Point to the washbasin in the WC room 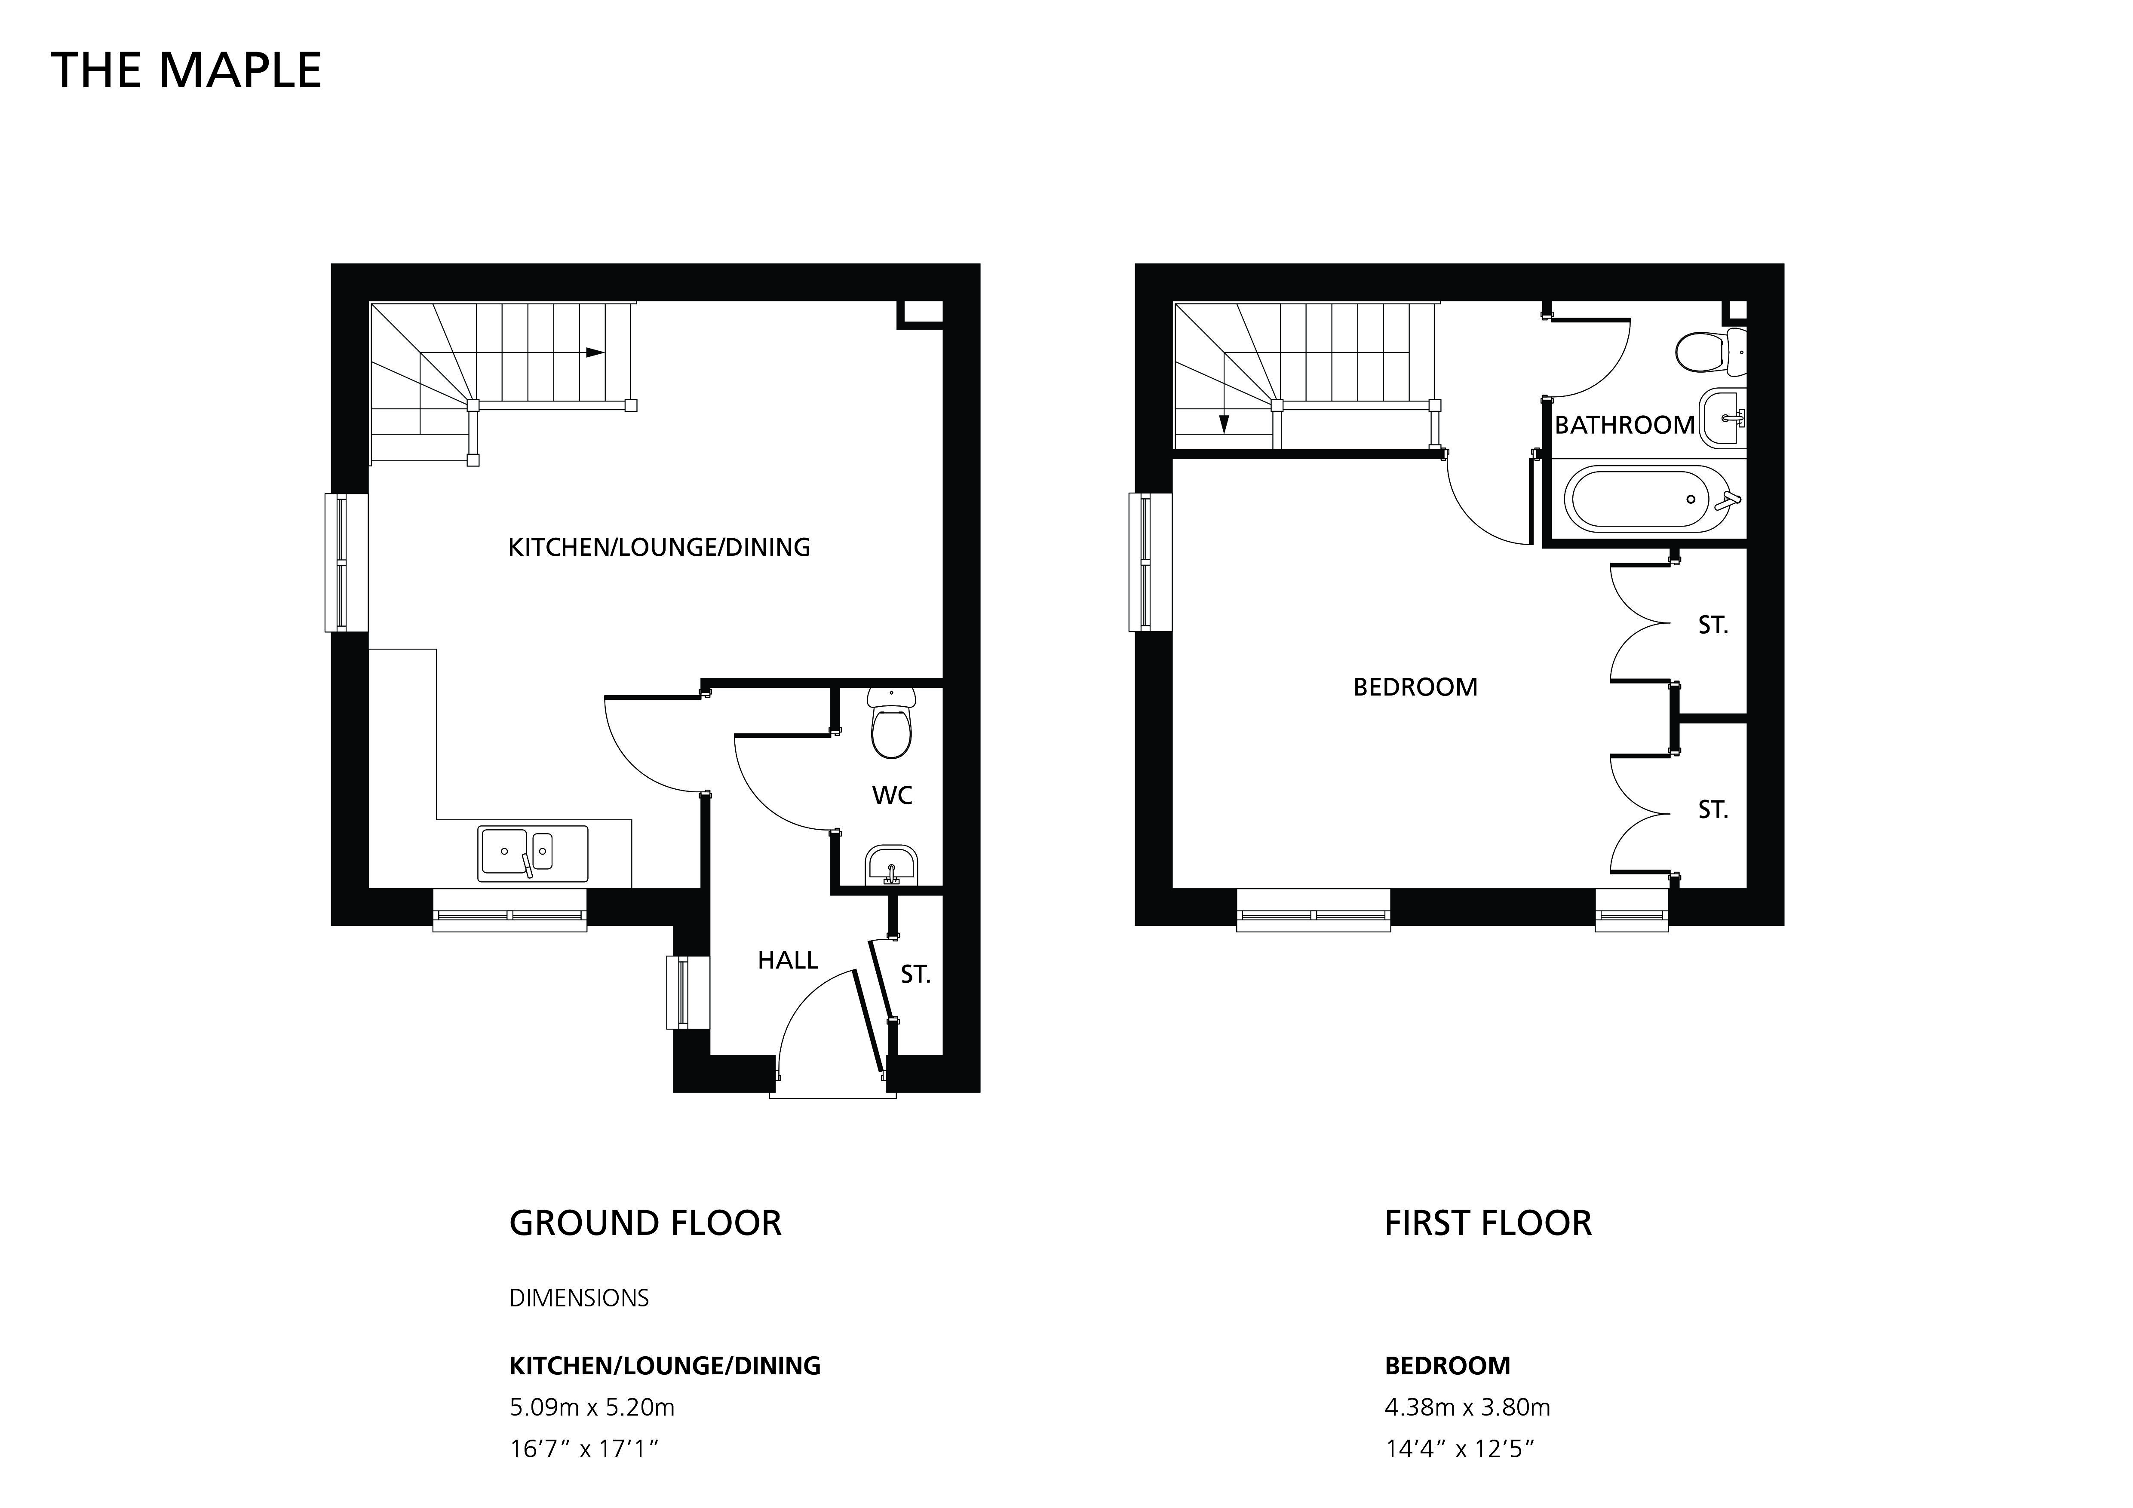[x=891, y=865]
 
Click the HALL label [x=788, y=960]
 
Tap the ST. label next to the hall [x=915, y=974]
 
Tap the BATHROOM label [x=1625, y=425]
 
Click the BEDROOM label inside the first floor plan [x=1415, y=687]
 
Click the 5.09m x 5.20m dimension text [x=592, y=1408]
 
